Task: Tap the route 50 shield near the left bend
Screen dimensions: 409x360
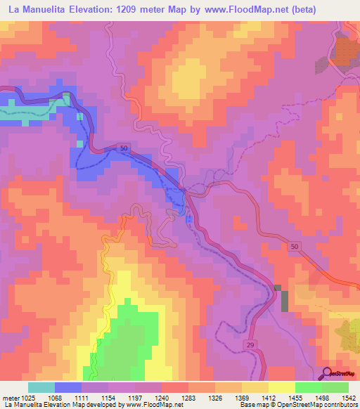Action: (x=124, y=149)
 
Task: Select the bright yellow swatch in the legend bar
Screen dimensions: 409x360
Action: (x=282, y=387)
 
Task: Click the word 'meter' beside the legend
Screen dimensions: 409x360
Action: (x=9, y=398)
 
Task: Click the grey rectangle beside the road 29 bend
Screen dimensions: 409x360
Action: (x=284, y=301)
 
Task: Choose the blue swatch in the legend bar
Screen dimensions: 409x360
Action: (x=68, y=387)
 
